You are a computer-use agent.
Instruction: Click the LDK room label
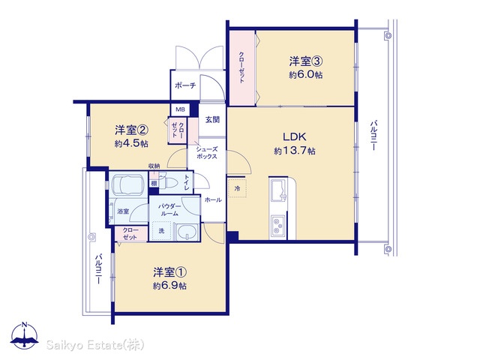point(295,136)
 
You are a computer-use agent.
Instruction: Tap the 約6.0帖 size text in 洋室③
point(305,75)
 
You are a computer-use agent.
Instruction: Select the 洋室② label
point(132,130)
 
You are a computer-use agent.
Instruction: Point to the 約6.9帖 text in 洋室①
point(169,286)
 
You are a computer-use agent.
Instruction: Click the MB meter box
point(180,109)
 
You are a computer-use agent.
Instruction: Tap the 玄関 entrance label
point(212,119)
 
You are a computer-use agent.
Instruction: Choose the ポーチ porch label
point(185,85)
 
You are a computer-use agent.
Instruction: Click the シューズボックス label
point(207,153)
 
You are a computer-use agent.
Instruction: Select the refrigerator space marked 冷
point(237,188)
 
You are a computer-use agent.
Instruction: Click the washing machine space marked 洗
point(161,230)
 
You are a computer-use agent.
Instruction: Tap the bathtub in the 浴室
point(128,185)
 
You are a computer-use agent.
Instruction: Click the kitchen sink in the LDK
point(278,190)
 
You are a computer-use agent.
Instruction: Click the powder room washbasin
point(187,231)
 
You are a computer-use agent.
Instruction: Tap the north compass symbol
point(25,335)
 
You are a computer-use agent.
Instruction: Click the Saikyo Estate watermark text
point(95,345)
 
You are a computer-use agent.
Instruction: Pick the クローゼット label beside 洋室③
point(241,67)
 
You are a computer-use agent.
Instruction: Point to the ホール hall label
point(213,200)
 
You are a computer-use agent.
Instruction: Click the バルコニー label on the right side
point(373,135)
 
